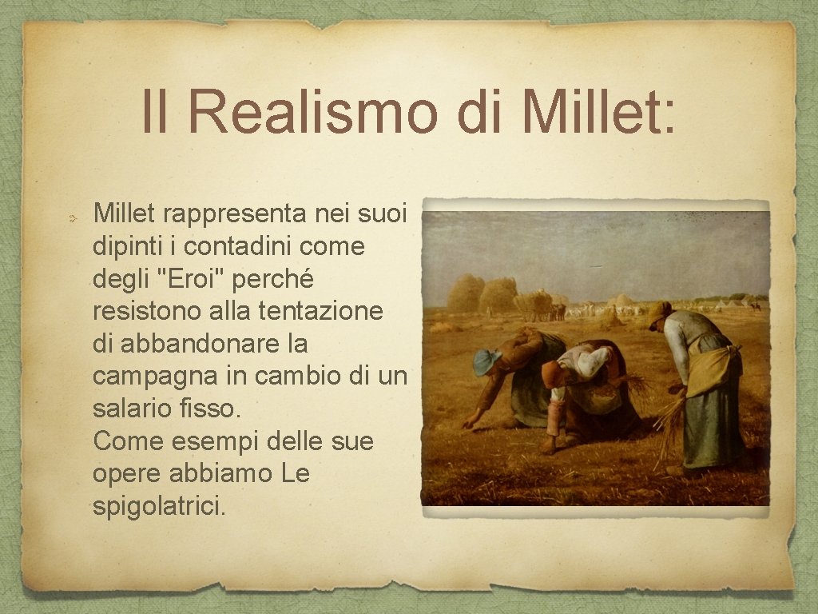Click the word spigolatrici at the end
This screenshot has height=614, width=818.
(159, 507)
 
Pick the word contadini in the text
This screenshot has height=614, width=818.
(208, 246)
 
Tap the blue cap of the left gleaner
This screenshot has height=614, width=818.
(485, 361)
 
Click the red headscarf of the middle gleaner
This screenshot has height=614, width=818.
(551, 373)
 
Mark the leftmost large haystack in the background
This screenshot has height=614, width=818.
(465, 293)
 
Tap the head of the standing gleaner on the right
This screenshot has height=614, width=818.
(659, 314)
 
